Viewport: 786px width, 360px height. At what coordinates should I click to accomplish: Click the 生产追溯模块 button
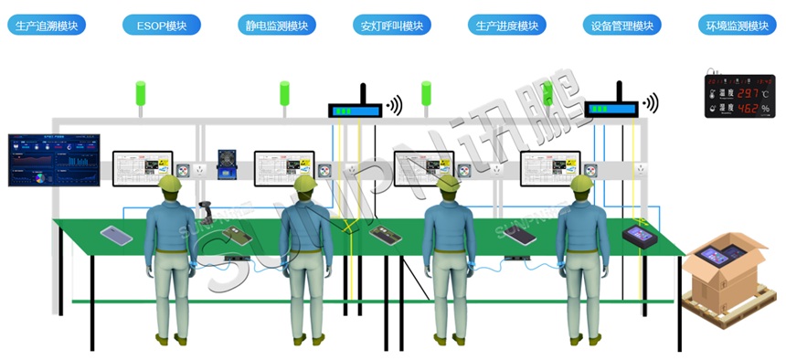[48, 26]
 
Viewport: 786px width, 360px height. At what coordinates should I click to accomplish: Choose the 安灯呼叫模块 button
[392, 26]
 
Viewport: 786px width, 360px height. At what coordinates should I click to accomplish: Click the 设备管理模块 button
[622, 26]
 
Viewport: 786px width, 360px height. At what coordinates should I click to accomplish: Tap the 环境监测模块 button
[738, 26]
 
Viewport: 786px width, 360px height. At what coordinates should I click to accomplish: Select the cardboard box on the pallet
[729, 274]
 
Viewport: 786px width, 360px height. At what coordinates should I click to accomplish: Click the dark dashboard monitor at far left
[52, 160]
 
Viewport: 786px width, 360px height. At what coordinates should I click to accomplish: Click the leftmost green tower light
[141, 93]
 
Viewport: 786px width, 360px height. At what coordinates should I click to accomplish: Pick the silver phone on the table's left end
[116, 235]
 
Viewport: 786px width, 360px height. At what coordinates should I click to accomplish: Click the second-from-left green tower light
[284, 93]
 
